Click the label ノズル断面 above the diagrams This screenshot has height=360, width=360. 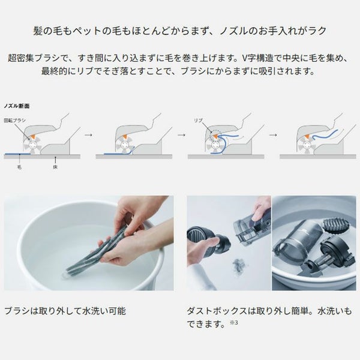coord(17,106)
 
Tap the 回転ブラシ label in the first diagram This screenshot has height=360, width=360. coord(14,121)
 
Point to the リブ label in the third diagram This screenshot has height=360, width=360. coord(198,121)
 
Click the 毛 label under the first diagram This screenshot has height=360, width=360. coord(20,167)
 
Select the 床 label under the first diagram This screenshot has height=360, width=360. coord(55,167)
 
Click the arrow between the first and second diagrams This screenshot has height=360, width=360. coord(88,135)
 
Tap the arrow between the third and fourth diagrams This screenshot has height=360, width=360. coord(273,135)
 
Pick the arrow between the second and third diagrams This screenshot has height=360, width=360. coord(181,135)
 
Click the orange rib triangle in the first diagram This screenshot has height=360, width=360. coord(33,136)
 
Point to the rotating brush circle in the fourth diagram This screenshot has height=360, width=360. coord(307,145)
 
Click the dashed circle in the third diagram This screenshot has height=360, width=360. coord(215,136)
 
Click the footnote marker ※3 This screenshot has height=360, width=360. coord(234,323)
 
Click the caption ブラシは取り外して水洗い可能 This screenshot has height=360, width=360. coord(65,311)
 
